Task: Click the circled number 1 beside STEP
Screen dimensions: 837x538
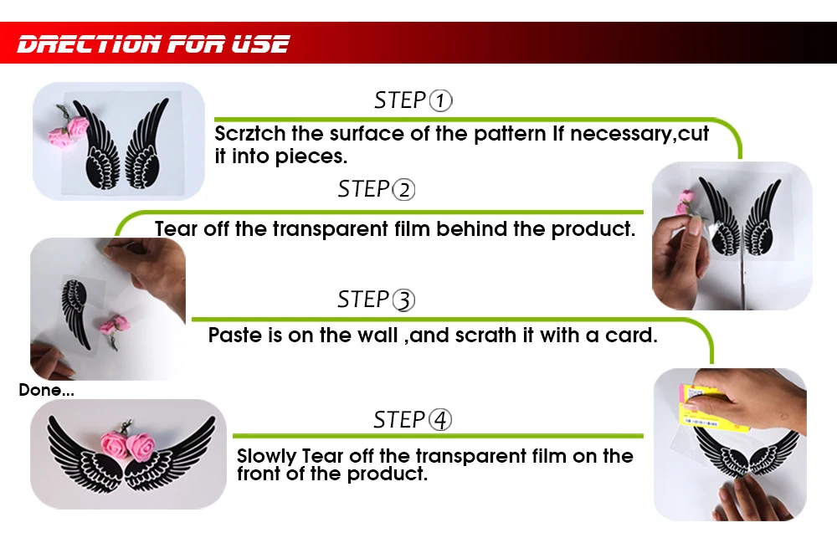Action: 441,100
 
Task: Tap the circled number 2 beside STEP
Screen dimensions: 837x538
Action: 404,189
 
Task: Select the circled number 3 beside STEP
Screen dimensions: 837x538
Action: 404,300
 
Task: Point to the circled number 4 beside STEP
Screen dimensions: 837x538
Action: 440,420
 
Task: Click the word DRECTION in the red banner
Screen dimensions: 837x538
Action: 90,44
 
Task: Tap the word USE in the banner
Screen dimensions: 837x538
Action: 260,44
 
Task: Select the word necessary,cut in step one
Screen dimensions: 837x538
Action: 639,134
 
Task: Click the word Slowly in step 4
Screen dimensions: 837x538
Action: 266,457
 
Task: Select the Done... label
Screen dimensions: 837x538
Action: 46,390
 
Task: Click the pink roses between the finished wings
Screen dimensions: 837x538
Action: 127,444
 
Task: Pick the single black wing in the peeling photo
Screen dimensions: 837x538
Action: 76,313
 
